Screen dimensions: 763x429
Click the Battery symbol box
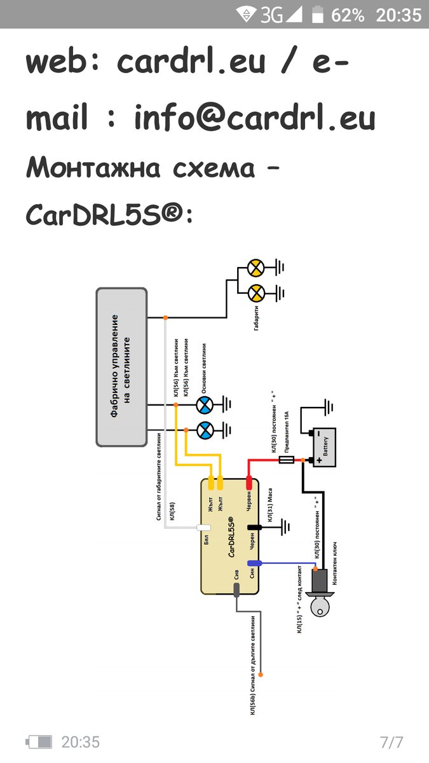tap(322, 446)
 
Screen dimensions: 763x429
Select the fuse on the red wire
tap(287, 459)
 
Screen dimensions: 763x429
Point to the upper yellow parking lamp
tap(255, 268)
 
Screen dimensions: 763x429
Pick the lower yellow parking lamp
tap(255, 292)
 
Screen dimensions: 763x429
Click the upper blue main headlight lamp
tap(204, 404)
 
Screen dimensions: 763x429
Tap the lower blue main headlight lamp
tap(204, 430)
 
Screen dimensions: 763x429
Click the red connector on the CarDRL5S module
tap(249, 483)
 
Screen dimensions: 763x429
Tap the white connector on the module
tap(204, 528)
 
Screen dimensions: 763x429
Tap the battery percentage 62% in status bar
tap(348, 15)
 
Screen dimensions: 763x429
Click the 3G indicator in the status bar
tap(271, 15)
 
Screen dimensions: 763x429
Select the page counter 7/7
tap(391, 741)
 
